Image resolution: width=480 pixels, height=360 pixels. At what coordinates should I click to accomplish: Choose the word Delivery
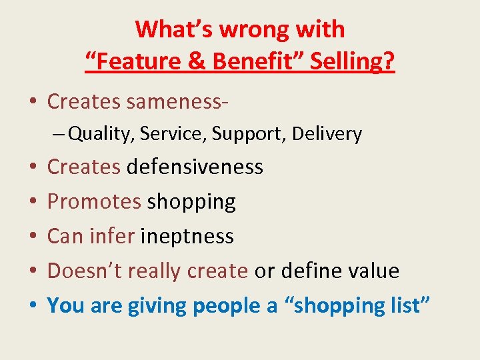[x=331, y=134]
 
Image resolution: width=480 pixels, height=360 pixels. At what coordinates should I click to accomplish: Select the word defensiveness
[x=195, y=167]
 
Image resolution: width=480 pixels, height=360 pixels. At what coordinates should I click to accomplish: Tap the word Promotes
[x=94, y=201]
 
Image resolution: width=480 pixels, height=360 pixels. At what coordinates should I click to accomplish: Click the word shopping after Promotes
[x=191, y=201]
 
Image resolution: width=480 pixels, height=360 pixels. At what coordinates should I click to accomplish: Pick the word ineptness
[x=187, y=236]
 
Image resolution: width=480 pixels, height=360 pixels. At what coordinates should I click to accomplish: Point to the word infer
[x=112, y=236]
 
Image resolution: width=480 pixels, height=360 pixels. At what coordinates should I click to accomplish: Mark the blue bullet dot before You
[x=33, y=306]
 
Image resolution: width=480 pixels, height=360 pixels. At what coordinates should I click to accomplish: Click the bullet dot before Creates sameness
[x=33, y=103]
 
